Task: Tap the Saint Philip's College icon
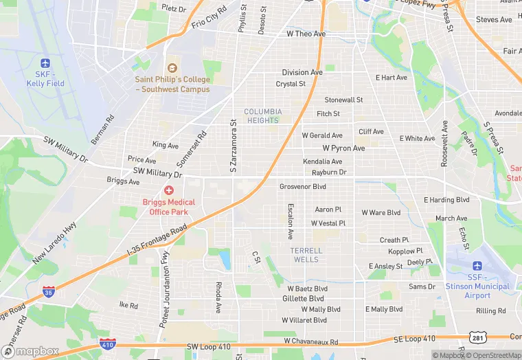click(x=172, y=69)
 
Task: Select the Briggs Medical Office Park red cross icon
click(x=168, y=190)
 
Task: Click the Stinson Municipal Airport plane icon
click(x=477, y=265)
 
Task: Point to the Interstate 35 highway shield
click(x=48, y=293)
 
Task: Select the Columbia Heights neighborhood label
click(x=263, y=115)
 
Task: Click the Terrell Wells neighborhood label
click(x=306, y=255)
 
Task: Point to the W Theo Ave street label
click(x=306, y=34)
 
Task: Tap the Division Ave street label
click(x=302, y=72)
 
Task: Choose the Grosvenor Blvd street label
click(x=303, y=186)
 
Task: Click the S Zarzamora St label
click(x=234, y=146)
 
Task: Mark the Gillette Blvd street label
click(x=303, y=299)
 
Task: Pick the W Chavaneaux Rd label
click(x=311, y=341)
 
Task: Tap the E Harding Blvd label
click(x=446, y=200)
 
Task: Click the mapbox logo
click(x=29, y=350)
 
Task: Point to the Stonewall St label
click(x=343, y=100)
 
